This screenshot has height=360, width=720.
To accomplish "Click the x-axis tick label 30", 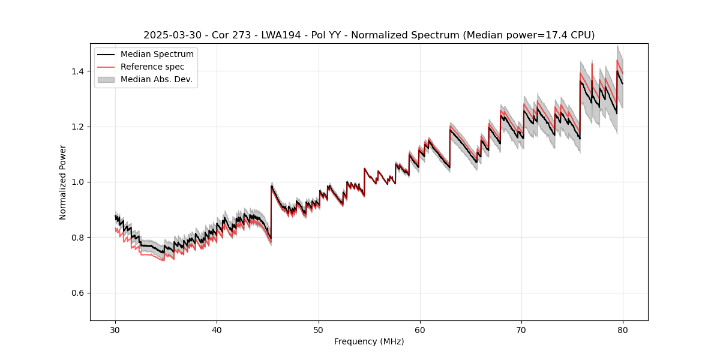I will (x=116, y=330).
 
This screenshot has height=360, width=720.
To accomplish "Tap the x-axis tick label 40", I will (x=217, y=330).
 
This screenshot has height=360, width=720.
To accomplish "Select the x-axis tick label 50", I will (x=319, y=330).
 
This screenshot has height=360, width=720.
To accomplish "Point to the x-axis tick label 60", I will (x=420, y=330).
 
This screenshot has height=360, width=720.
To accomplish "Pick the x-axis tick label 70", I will (x=521, y=330).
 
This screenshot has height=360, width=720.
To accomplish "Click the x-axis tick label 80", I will (x=623, y=330).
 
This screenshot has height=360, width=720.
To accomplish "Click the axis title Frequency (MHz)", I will (x=369, y=341).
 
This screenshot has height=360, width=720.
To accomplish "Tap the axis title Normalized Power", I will (x=63, y=182).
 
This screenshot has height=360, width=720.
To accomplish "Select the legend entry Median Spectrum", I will (x=157, y=55).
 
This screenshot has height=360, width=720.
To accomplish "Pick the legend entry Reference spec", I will (x=152, y=67).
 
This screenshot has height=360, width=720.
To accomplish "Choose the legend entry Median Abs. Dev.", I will (x=157, y=79).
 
